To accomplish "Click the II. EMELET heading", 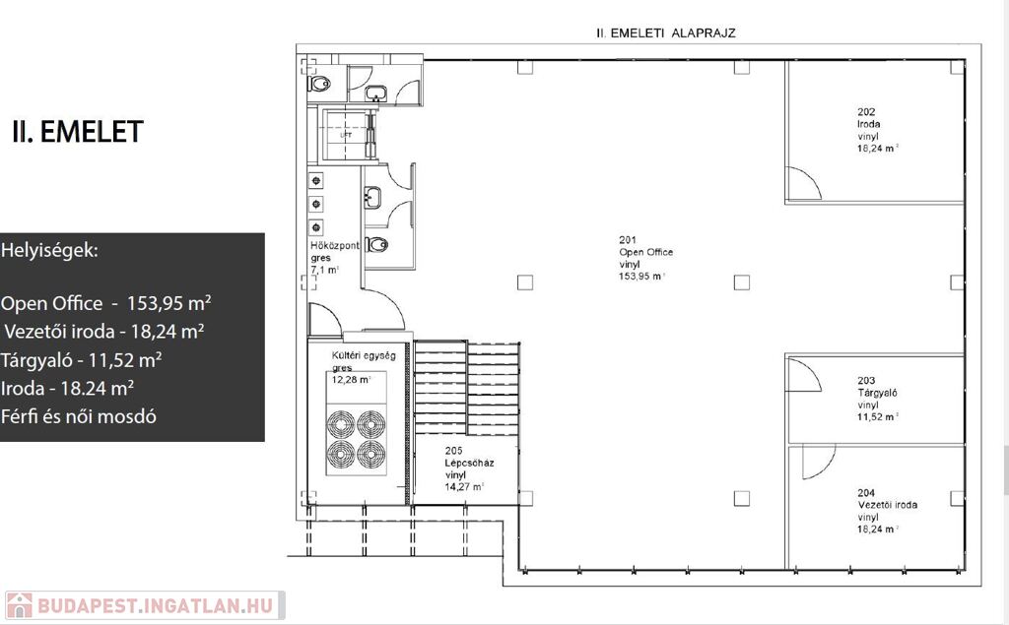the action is [x=77, y=132].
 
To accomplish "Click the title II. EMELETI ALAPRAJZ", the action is [x=666, y=32].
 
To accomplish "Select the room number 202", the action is [x=866, y=112].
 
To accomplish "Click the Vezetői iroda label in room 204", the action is [x=888, y=505].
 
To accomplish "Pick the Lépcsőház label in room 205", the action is [x=469, y=463].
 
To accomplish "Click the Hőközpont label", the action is [x=335, y=246].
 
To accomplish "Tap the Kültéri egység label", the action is [x=364, y=355].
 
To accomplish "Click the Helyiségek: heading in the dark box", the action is [x=49, y=250].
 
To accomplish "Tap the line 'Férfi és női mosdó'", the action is [x=79, y=416].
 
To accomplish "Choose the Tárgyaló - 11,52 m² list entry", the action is [x=81, y=360].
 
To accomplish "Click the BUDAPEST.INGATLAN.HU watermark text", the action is [x=155, y=605].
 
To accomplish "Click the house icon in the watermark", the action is [x=19, y=605].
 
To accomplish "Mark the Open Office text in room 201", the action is [x=646, y=252].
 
